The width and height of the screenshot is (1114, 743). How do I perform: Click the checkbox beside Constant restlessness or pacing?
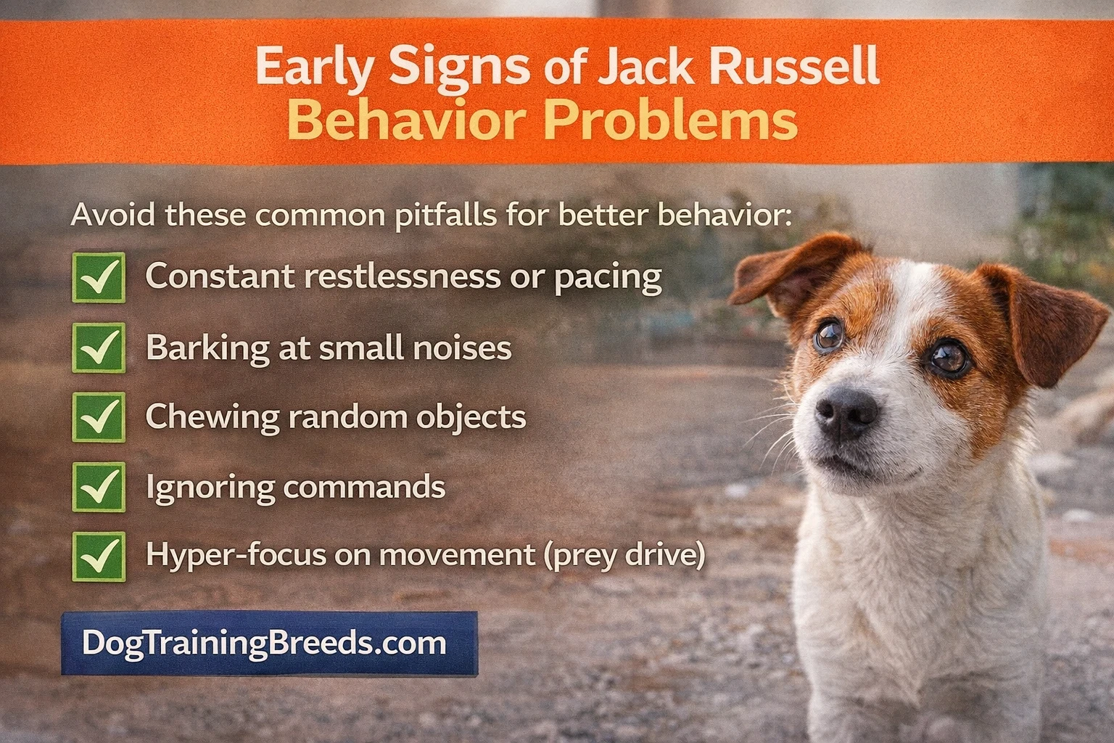(x=99, y=277)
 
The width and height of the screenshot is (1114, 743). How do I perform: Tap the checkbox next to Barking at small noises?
(x=99, y=348)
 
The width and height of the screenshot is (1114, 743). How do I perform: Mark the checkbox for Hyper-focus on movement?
(x=99, y=556)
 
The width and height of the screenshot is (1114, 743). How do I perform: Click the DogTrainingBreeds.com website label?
(x=269, y=644)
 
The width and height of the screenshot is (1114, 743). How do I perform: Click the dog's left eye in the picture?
(x=828, y=334)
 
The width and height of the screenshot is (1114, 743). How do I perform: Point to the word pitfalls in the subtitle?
(x=441, y=215)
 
